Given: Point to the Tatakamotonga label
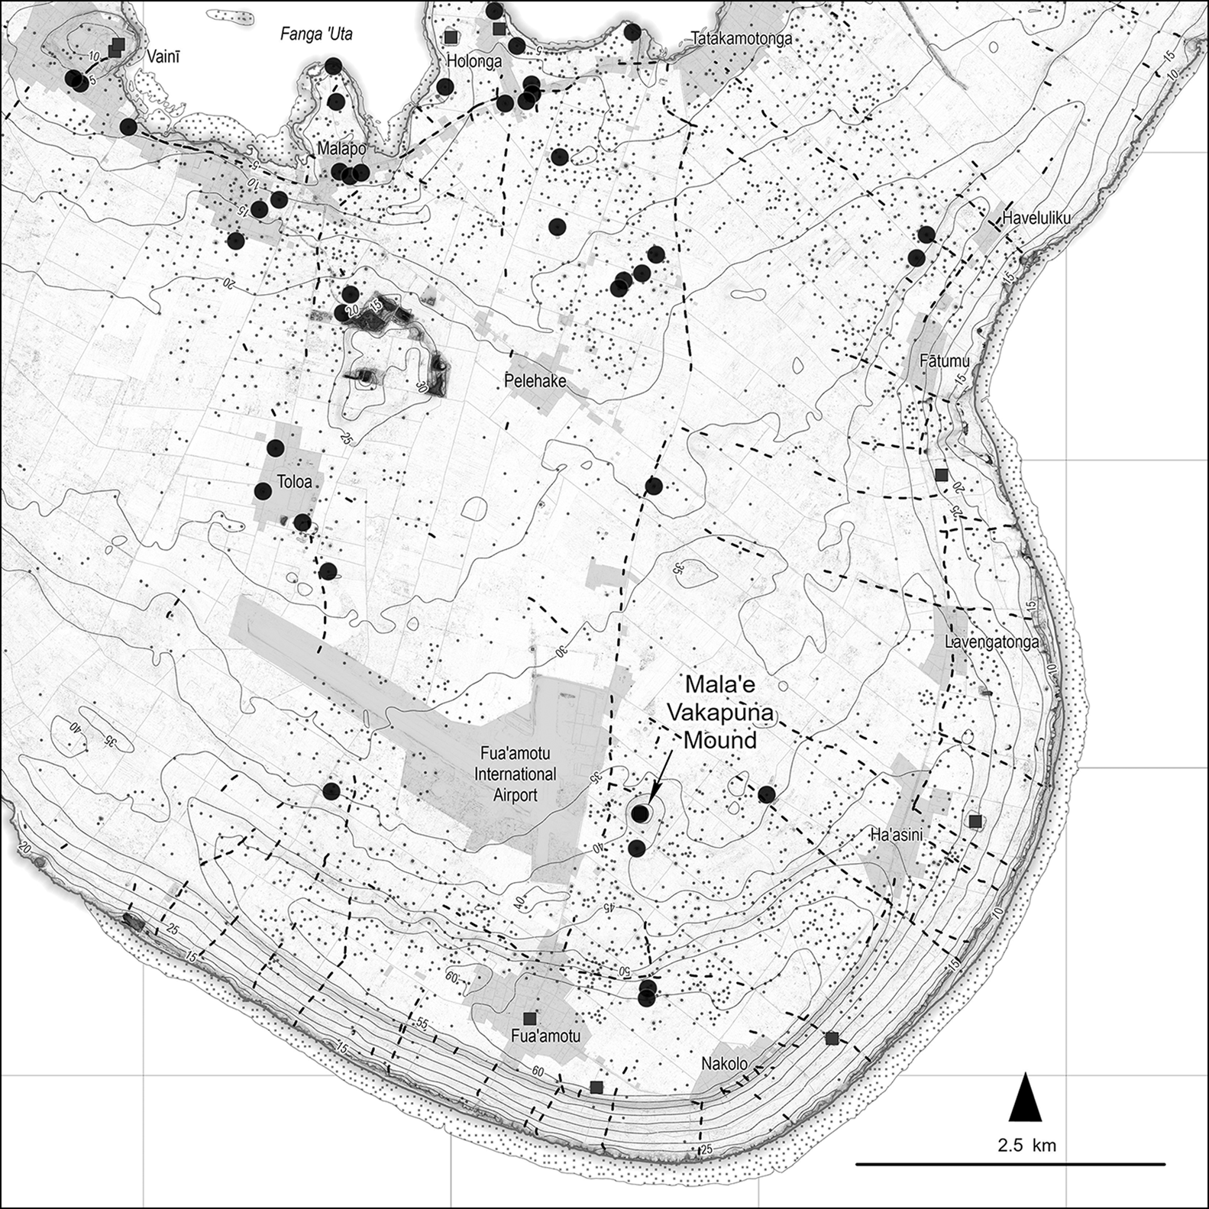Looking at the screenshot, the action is (741, 39).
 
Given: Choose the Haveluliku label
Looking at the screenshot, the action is (1036, 218).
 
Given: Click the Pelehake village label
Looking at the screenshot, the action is (535, 380).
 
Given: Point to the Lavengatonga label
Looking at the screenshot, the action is (991, 642).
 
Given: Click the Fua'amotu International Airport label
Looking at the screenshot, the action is (515, 774).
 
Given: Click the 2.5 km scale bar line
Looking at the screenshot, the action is (1010, 1165).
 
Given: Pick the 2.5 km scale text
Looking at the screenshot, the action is (1026, 1145).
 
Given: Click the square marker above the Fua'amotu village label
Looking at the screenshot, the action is (530, 1018).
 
